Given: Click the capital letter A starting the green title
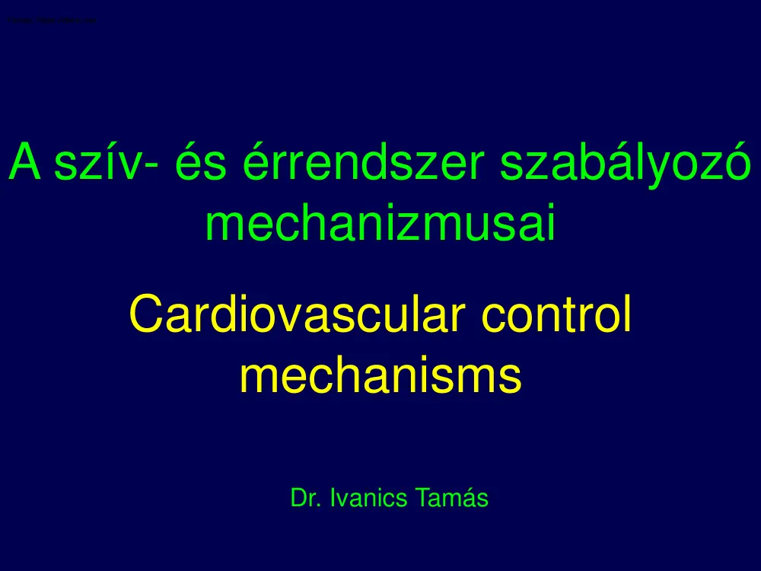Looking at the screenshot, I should coord(23,162).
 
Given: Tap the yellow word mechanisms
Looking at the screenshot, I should coord(380,375).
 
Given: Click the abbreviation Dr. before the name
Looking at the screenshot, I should coord(306,499).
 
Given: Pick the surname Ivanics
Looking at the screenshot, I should coord(370,499).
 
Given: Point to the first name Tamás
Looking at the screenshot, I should coord(454,499).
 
